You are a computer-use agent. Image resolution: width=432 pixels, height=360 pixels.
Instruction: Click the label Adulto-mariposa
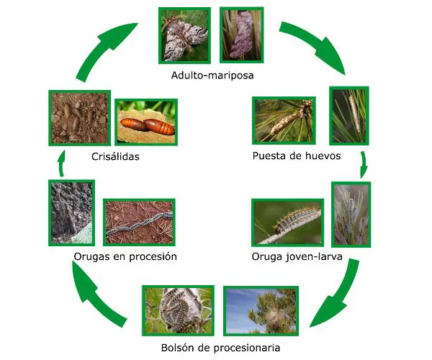click(x=212, y=75)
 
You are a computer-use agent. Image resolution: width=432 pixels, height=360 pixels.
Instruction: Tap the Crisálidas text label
click(x=115, y=156)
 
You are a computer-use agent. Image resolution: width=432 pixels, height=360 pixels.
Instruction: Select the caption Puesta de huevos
click(x=296, y=156)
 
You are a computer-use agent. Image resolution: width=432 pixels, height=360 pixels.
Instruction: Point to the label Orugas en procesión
click(x=125, y=256)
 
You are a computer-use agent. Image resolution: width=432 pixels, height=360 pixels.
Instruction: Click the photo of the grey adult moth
click(x=185, y=35)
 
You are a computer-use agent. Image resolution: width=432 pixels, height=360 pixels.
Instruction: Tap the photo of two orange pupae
click(x=146, y=122)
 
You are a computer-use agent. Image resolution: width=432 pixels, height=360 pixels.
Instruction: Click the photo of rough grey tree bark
click(x=71, y=213)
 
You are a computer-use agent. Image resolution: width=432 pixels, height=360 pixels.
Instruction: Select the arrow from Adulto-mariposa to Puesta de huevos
click(x=316, y=47)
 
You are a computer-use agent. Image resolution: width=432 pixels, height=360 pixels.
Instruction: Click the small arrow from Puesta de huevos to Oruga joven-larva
click(x=364, y=164)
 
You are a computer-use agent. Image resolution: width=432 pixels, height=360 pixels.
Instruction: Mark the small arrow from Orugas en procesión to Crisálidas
click(x=60, y=167)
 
